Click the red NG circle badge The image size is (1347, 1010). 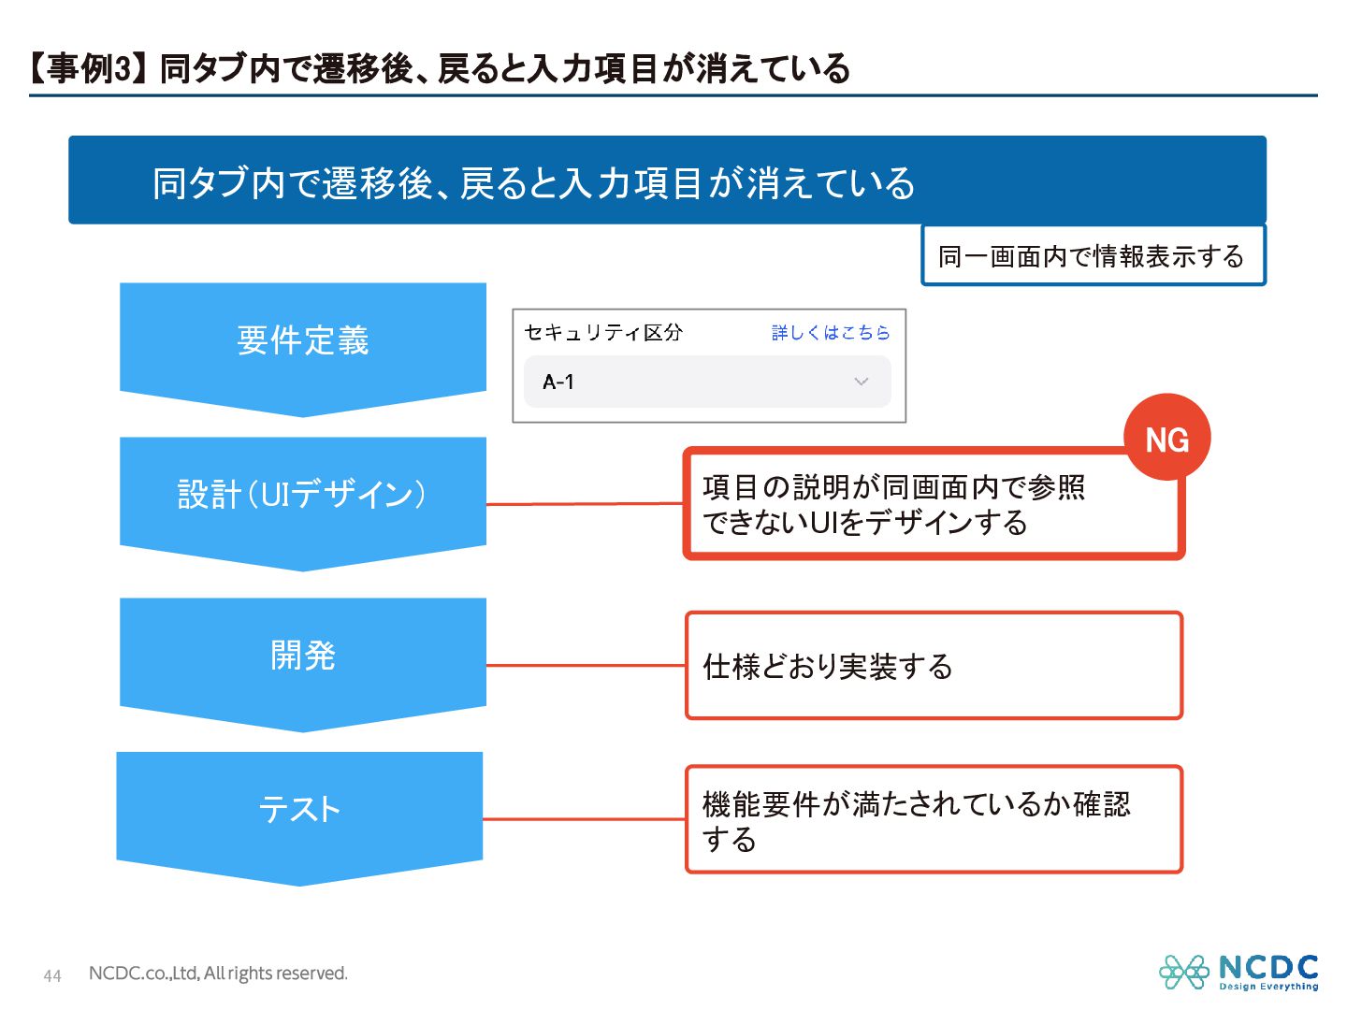1166,439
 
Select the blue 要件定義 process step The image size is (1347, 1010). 302,340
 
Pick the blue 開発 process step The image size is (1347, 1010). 302,656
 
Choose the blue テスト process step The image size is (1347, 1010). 299,809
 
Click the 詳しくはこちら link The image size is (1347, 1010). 830,333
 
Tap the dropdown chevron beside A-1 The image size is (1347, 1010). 862,382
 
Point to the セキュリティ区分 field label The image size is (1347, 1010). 603,333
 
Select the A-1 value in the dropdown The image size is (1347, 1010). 558,382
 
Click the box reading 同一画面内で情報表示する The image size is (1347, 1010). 1093,255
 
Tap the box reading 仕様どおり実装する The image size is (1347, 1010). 934,666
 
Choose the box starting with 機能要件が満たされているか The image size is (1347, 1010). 934,820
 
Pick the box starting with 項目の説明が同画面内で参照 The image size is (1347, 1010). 934,505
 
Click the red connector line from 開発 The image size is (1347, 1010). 586,665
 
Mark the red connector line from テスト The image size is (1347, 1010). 584,819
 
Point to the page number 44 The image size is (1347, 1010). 52,975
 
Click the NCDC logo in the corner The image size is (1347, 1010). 1238,972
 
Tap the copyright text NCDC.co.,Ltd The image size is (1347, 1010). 218,974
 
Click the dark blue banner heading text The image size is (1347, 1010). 533,183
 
